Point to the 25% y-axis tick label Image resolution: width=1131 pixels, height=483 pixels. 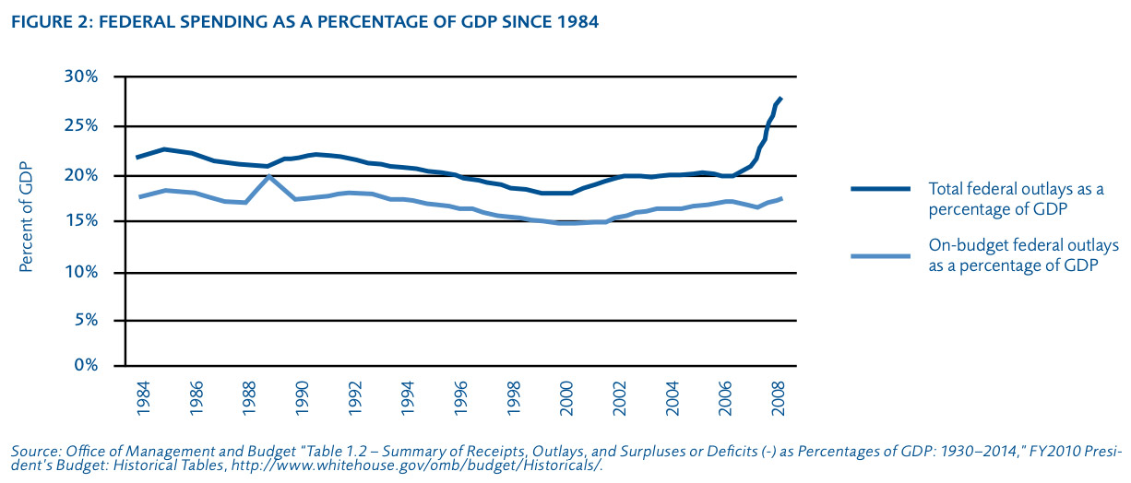point(79,125)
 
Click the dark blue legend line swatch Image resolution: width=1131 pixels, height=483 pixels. point(881,189)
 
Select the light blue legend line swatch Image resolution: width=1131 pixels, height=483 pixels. point(881,253)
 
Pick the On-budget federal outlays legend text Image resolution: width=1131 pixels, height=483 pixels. point(1022,253)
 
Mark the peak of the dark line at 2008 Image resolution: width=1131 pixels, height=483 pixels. point(780,98)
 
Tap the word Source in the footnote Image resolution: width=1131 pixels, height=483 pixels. point(33,452)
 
